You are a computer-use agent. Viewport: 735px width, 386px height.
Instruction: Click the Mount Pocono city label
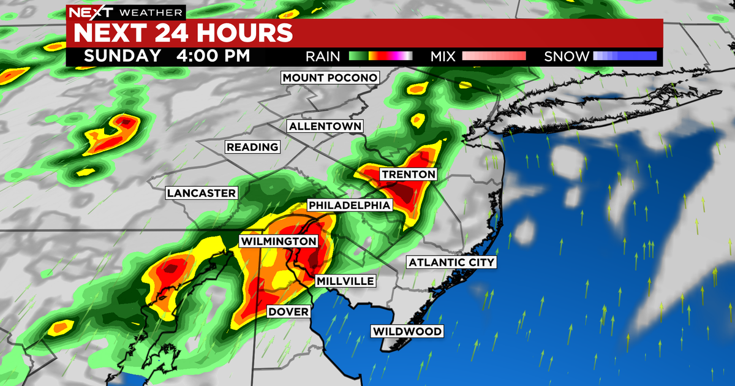click(x=330, y=78)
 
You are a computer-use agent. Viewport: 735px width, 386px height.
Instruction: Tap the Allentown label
click(x=326, y=126)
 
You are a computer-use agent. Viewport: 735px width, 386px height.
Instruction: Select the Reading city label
click(x=252, y=147)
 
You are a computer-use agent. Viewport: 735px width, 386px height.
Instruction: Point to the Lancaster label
click(x=201, y=193)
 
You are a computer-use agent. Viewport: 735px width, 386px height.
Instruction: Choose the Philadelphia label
click(x=349, y=205)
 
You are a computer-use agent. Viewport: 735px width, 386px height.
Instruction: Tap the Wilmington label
click(x=279, y=241)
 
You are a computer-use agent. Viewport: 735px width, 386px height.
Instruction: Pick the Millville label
click(x=345, y=281)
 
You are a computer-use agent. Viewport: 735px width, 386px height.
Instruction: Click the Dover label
click(x=288, y=312)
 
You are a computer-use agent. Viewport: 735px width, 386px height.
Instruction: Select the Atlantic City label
click(x=451, y=262)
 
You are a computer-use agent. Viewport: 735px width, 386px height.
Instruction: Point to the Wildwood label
click(x=407, y=331)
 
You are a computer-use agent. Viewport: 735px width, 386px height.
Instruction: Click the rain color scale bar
click(x=380, y=56)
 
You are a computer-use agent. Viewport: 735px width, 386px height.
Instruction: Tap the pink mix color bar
click(x=494, y=56)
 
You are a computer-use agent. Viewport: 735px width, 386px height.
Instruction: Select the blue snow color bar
click(x=624, y=56)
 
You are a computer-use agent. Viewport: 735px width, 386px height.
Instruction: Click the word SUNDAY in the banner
click(x=123, y=56)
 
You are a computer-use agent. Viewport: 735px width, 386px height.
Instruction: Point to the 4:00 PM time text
click(x=212, y=56)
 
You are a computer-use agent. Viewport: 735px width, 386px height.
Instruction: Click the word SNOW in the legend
click(x=567, y=56)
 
